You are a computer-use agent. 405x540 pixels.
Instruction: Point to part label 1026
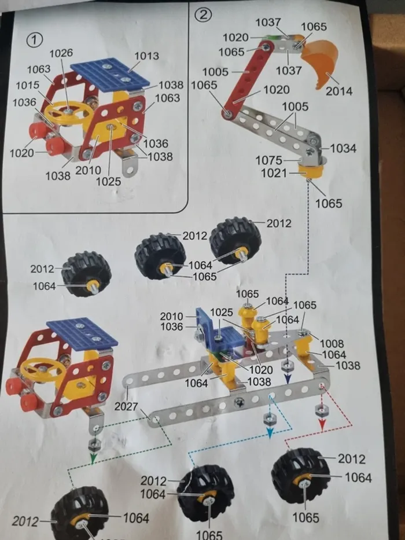61,53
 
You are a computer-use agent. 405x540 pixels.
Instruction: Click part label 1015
27,85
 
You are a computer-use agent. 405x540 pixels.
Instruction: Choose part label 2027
127,407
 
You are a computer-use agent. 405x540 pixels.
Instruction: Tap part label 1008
332,343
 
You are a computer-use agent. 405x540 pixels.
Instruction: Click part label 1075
269,160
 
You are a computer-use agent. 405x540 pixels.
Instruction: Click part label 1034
343,148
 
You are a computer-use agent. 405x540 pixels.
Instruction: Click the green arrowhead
92,459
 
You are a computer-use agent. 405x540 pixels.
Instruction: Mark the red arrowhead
322,424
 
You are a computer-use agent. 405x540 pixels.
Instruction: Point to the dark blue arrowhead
287,380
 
